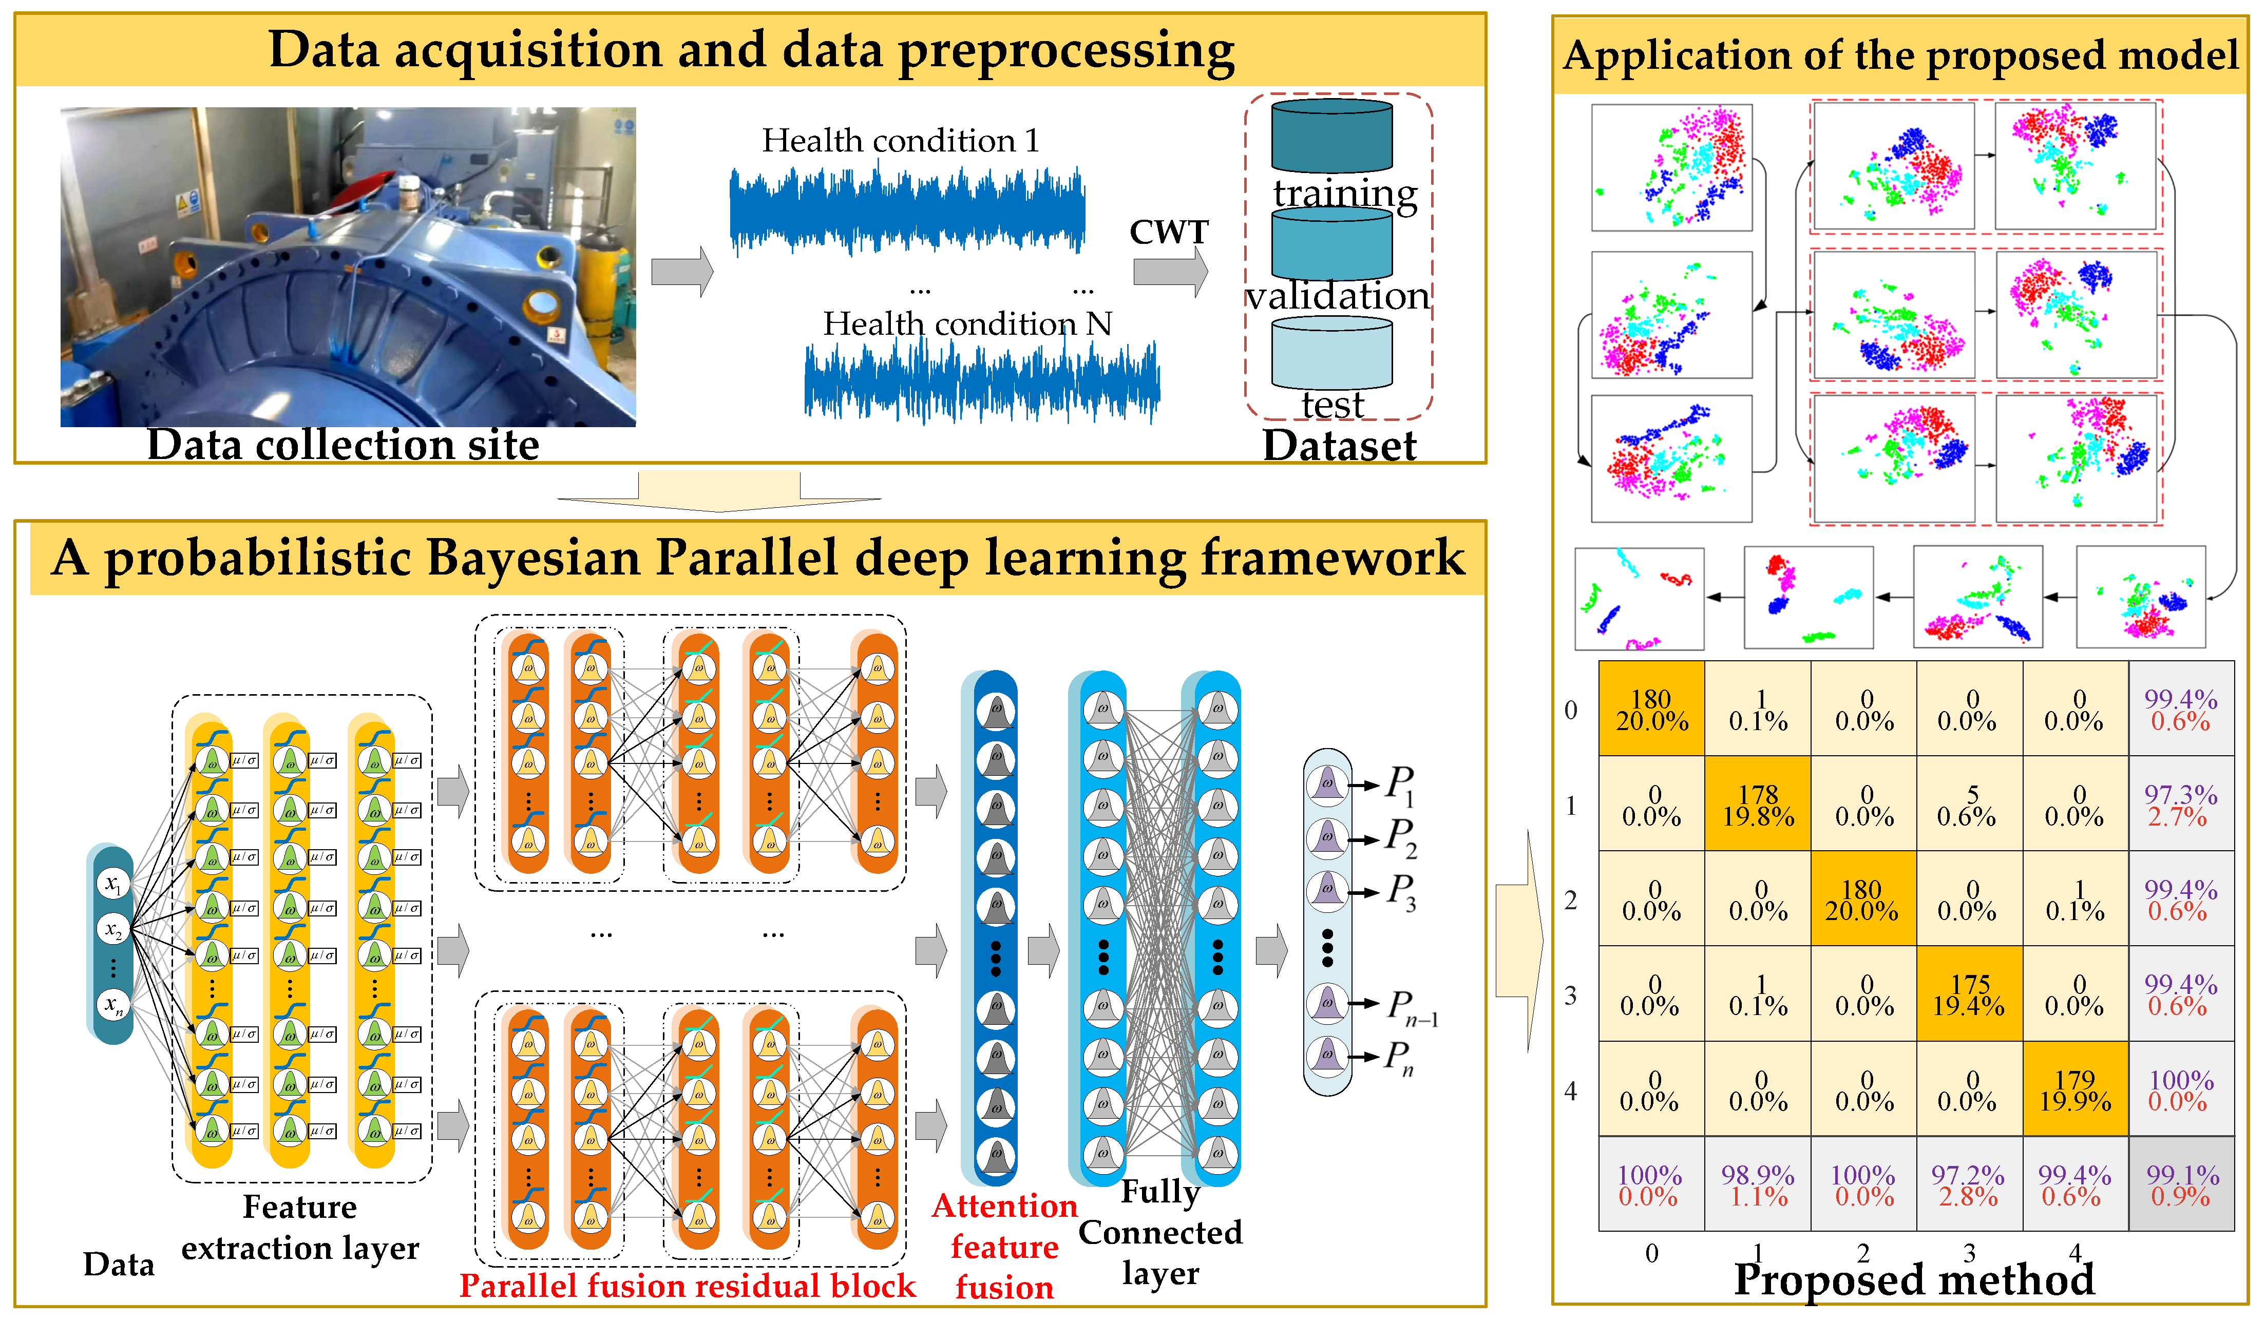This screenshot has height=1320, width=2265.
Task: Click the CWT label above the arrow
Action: (x=1169, y=232)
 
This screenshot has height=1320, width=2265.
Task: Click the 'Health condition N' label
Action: (x=967, y=323)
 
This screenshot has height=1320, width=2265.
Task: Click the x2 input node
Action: (x=113, y=929)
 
